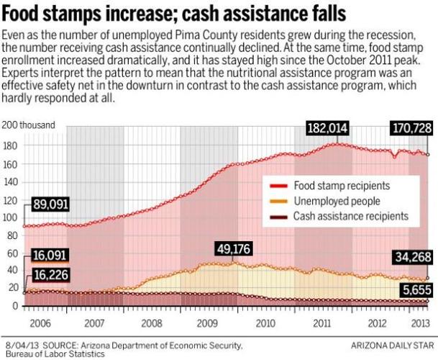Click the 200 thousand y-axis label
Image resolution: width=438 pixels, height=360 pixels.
(x=29, y=125)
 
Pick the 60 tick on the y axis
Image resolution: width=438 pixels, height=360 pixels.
(x=12, y=253)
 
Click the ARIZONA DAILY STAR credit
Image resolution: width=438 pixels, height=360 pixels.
(x=394, y=346)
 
